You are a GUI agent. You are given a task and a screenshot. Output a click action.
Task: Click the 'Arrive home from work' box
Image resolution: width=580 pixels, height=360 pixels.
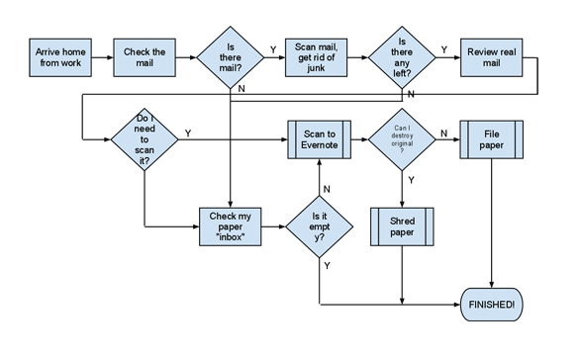coord(59,57)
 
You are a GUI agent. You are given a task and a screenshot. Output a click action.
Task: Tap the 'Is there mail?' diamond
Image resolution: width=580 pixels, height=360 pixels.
coord(231,58)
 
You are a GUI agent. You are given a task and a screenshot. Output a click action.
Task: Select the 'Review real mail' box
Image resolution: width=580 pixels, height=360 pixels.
coord(490,57)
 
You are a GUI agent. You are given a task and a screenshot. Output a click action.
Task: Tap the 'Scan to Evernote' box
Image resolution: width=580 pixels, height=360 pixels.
coord(319,139)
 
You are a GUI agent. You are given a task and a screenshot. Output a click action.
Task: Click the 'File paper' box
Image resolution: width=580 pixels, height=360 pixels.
coord(491,139)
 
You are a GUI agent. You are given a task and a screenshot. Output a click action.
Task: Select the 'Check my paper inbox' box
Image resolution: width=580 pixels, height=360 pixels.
coord(232,225)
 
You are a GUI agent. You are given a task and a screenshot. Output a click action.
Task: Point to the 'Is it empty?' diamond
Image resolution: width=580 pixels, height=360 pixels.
coord(320,225)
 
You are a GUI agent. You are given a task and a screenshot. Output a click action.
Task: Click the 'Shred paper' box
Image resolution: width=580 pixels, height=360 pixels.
coord(402,226)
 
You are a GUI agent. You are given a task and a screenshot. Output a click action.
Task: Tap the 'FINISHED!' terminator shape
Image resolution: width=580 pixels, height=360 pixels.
coord(492,305)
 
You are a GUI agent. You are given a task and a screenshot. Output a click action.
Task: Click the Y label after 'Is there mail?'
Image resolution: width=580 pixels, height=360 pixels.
coord(273,48)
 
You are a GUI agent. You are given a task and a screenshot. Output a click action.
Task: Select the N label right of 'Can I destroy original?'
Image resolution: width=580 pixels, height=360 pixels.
coord(443,133)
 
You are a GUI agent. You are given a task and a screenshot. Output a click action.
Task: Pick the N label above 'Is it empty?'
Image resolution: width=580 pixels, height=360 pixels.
coord(328,188)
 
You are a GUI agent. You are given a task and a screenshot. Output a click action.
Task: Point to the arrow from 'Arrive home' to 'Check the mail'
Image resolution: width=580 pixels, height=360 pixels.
coord(102,58)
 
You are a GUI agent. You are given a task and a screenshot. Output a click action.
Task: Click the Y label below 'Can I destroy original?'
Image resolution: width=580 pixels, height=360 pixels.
coord(411,180)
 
